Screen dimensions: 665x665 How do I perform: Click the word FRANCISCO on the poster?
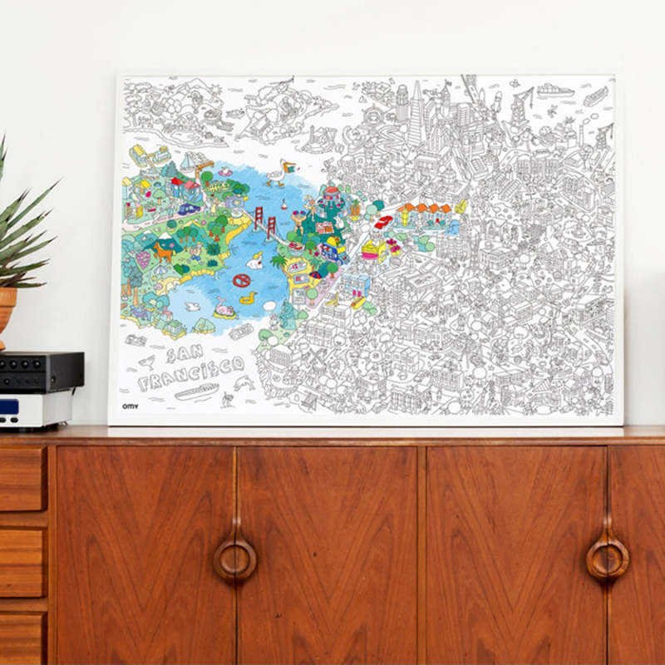tap(191, 373)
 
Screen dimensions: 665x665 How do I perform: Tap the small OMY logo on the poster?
tap(131, 406)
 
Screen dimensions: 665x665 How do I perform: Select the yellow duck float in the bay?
tap(247, 295)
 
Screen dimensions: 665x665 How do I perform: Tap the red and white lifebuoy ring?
tap(241, 280)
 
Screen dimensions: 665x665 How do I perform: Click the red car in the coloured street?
tap(383, 222)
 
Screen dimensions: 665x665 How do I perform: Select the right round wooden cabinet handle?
tap(608, 557)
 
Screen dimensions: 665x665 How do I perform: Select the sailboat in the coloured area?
tap(188, 162)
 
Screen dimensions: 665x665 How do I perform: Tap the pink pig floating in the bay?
tap(224, 310)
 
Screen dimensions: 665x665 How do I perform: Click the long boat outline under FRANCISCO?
tap(196, 391)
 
